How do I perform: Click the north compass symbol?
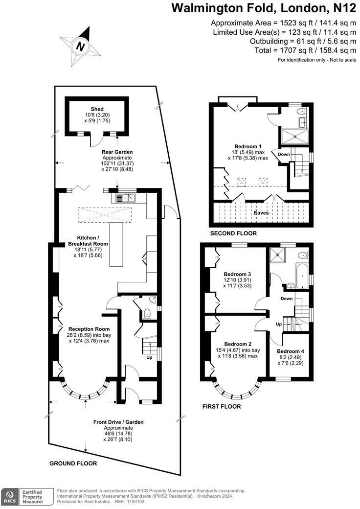tap(80, 46)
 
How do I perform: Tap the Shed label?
tap(97, 109)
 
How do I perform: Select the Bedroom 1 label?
tap(248, 146)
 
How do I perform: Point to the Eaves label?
tap(261, 213)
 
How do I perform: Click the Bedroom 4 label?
tap(290, 351)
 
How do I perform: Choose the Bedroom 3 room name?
tap(237, 274)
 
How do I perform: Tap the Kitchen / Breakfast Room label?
tap(88, 240)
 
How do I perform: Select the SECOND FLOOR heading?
tap(233, 233)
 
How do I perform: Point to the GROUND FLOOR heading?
tap(73, 463)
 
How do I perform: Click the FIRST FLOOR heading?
tap(222, 406)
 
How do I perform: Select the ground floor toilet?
tap(147, 314)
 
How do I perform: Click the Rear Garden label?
tap(117, 152)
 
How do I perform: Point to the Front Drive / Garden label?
tap(118, 422)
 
